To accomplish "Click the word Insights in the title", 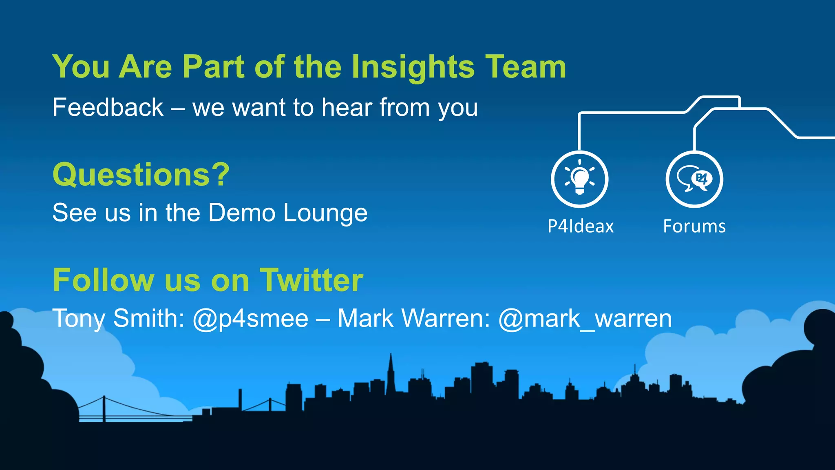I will pos(413,67).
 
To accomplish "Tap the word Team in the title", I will pos(526,67).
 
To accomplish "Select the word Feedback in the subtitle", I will pos(108,108).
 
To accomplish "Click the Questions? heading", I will pos(141,175).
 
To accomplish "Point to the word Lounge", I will pos(325,213).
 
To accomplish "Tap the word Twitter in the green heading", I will pos(311,280).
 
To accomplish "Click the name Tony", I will pos(79,319).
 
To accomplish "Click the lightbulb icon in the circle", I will pos(579,179).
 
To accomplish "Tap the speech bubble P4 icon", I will pos(694,179).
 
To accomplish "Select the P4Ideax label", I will pos(580,226).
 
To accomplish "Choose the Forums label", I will pos(694,226).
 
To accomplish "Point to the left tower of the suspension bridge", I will pos(104,408).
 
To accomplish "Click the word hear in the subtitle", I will pos(347,108).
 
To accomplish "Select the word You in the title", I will pos(81,67).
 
